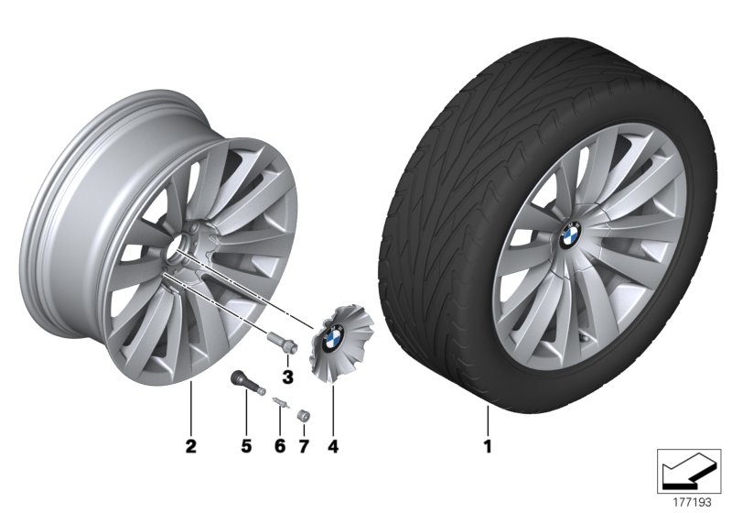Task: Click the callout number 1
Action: coord(488,448)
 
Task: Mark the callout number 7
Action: coord(303,448)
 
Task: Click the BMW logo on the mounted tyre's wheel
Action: coord(569,235)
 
